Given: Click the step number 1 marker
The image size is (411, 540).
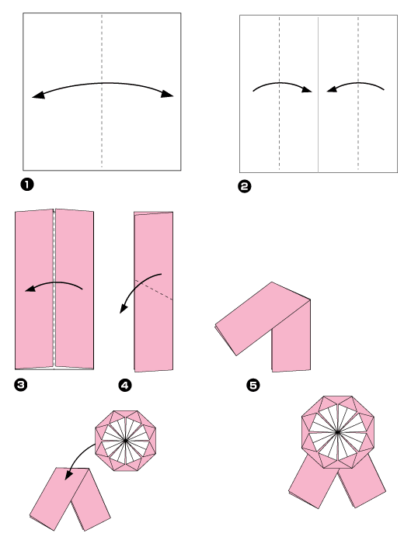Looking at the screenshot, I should [27, 184].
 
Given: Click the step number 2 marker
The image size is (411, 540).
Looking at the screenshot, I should [246, 185].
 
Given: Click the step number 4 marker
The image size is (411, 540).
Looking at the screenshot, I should [125, 382].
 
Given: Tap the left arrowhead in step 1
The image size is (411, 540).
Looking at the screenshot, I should [37, 95].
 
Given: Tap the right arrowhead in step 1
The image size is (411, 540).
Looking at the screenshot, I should [168, 95].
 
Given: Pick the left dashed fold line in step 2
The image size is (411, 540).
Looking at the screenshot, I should [279, 124].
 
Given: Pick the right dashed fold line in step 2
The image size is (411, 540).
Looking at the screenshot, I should [358, 124].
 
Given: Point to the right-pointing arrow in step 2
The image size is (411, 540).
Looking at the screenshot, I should [282, 86].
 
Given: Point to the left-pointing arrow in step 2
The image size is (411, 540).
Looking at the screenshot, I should [356, 86].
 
